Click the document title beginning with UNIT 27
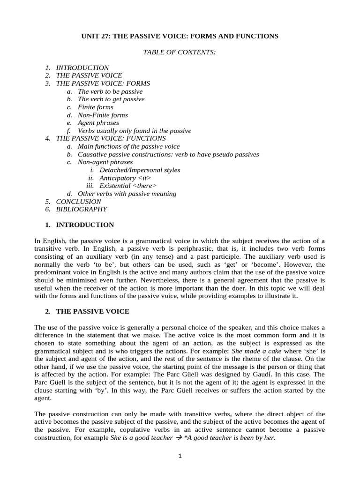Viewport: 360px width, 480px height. point(180,36)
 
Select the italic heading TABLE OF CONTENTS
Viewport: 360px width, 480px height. point(180,52)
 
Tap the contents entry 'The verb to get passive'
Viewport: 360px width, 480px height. point(111,99)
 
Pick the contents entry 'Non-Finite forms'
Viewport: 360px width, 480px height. point(103,115)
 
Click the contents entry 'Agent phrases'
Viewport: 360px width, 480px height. point(98,123)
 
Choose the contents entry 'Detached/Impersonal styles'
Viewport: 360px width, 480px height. point(140,170)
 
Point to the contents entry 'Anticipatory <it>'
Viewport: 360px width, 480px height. point(125,178)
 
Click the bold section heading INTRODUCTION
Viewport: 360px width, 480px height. point(85,225)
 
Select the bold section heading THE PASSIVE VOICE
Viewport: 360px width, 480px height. point(93,311)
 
